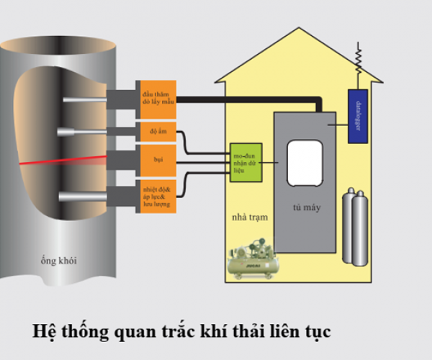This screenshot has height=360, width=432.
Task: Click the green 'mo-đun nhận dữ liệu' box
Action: click(246, 162)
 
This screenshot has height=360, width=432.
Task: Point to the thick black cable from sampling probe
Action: click(245, 100)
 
